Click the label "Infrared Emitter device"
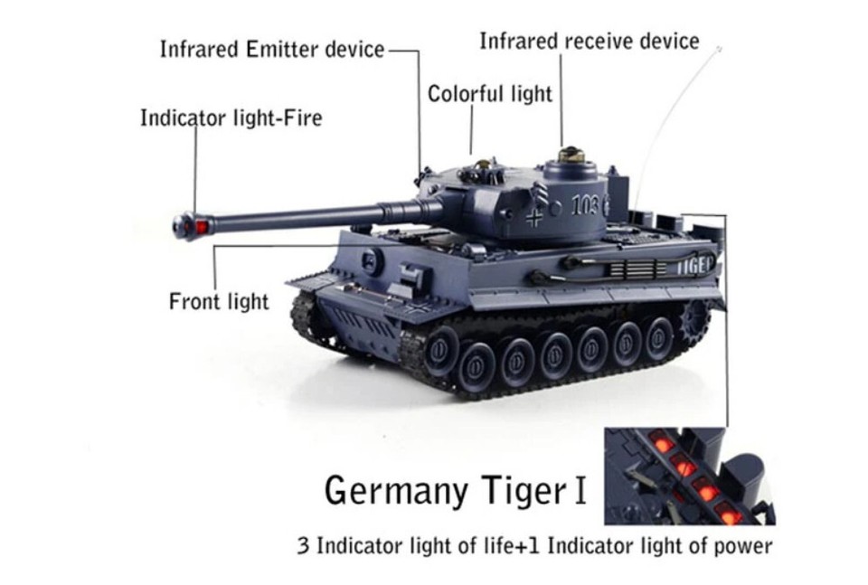click(272, 49)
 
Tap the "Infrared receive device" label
click(589, 42)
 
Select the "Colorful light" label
click(489, 94)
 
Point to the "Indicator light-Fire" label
click(231, 118)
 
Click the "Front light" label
click(219, 301)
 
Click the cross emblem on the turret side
click(535, 217)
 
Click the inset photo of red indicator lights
click(690, 476)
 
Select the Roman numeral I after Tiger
click(580, 491)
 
